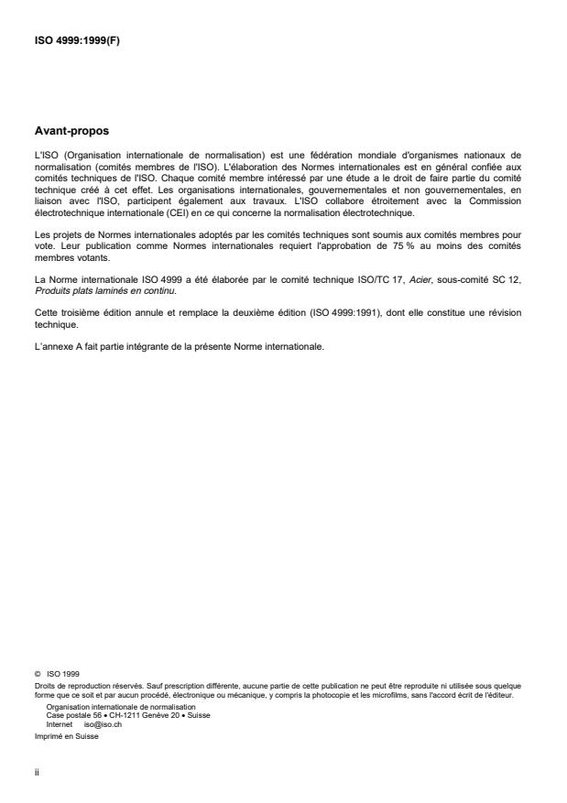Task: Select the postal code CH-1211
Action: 116,715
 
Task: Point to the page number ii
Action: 37,771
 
